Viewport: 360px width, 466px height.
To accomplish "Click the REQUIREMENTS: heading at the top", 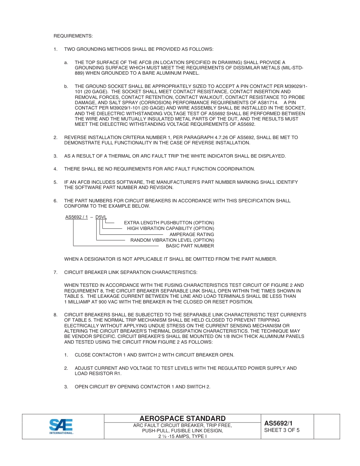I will (73, 36).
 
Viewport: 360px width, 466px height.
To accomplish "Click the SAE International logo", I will (61, 427).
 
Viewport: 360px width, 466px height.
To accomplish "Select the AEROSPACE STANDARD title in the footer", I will (182, 419).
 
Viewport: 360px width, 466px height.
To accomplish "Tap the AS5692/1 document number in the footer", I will (279, 423).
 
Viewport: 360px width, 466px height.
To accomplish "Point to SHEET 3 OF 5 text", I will (282, 430).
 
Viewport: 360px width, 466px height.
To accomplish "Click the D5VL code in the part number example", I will (101, 217).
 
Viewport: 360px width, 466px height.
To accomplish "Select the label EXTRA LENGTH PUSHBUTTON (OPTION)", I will (169, 223).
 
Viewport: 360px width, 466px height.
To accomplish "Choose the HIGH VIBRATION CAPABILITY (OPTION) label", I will (171, 228).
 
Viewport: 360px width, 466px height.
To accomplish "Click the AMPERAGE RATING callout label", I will (192, 235).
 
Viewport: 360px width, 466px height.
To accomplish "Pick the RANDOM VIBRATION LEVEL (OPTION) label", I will (172, 240).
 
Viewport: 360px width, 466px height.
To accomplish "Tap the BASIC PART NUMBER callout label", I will (190, 246).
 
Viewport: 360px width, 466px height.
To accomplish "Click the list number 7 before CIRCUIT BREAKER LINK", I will (55, 272).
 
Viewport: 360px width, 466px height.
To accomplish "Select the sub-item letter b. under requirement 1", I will (66, 86).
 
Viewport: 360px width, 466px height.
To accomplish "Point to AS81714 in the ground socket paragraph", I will (268, 103).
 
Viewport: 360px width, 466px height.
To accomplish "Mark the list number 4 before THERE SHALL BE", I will (55, 169).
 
